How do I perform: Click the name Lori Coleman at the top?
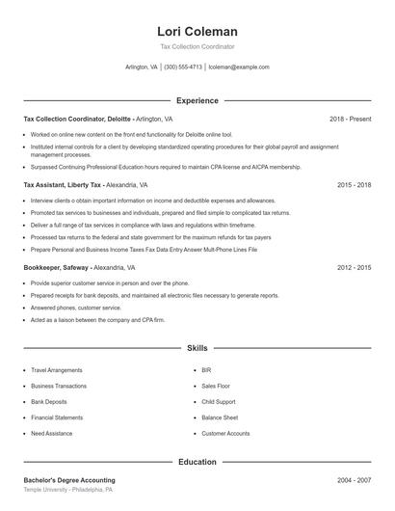click(x=197, y=31)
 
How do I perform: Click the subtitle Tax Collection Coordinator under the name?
click(x=197, y=46)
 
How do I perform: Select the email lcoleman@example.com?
click(x=238, y=67)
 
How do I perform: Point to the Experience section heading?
click(x=197, y=100)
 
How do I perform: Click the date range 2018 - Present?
click(x=350, y=119)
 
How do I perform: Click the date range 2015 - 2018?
click(x=354, y=184)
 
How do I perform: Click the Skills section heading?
click(x=197, y=347)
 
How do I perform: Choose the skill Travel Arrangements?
click(x=57, y=369)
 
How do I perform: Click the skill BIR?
click(x=206, y=369)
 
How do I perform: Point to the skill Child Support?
click(x=220, y=401)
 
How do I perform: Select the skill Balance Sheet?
click(x=220, y=417)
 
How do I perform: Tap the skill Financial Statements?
click(x=57, y=417)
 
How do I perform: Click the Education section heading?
click(x=197, y=462)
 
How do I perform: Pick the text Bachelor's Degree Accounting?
click(x=68, y=480)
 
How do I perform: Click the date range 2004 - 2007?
click(x=354, y=480)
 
